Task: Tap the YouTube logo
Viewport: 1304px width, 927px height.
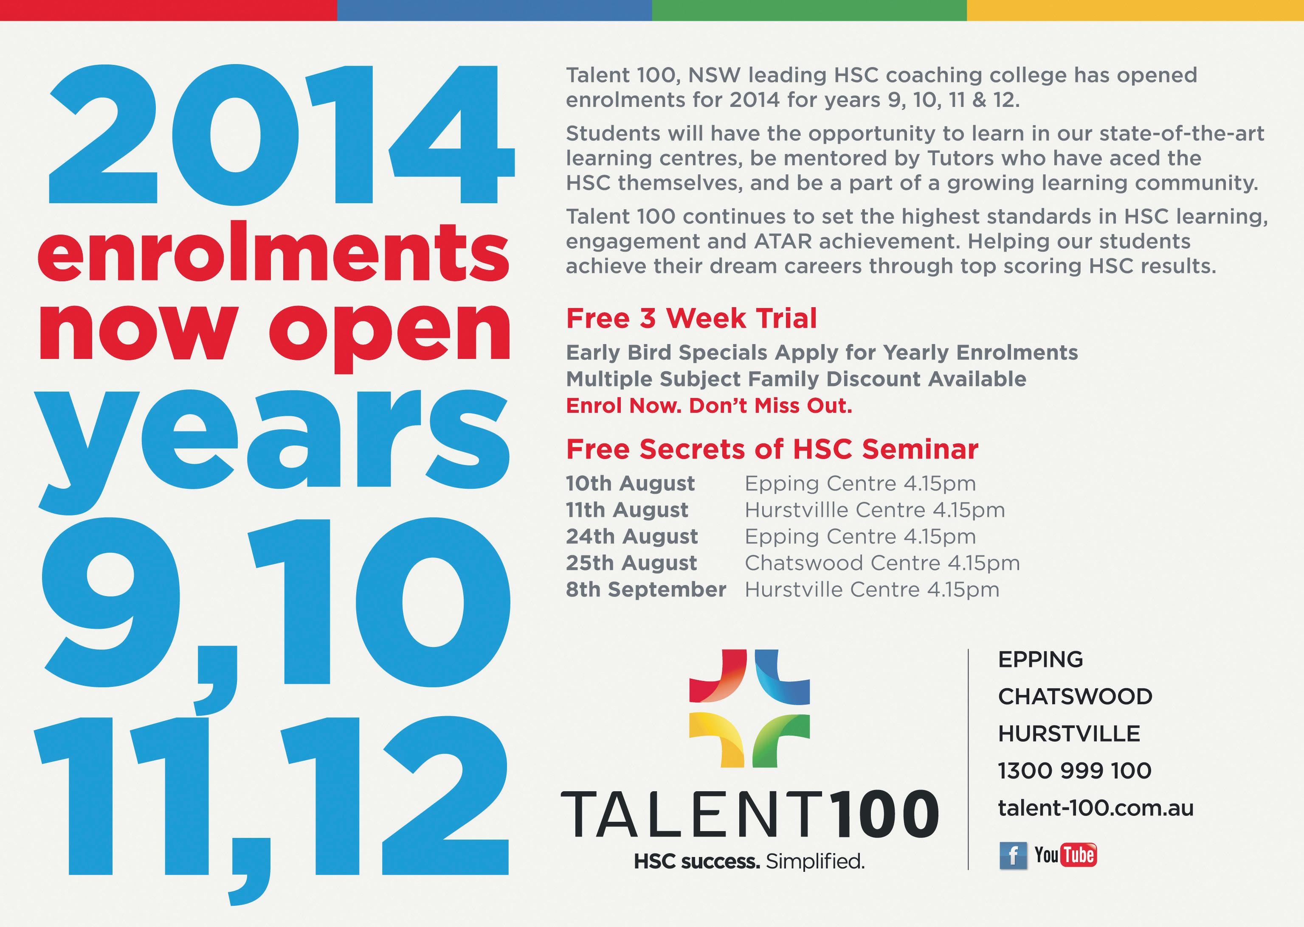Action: click(x=1066, y=854)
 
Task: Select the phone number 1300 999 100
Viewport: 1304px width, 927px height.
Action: click(x=1074, y=770)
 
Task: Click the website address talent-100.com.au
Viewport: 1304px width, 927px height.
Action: click(x=1096, y=808)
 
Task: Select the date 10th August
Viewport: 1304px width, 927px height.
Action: click(x=630, y=484)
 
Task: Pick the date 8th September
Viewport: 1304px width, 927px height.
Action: click(x=646, y=589)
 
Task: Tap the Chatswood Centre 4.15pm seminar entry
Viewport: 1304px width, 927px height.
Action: click(x=882, y=563)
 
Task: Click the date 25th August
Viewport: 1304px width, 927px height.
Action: click(x=631, y=563)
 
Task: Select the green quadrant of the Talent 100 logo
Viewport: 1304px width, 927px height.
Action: click(x=781, y=740)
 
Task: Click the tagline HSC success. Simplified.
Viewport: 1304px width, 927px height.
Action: click(x=749, y=861)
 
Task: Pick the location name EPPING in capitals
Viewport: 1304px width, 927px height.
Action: click(x=1040, y=659)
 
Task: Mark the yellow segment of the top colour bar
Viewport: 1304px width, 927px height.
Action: click(x=1135, y=10)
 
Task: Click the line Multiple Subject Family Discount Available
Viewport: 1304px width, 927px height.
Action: click(x=796, y=378)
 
